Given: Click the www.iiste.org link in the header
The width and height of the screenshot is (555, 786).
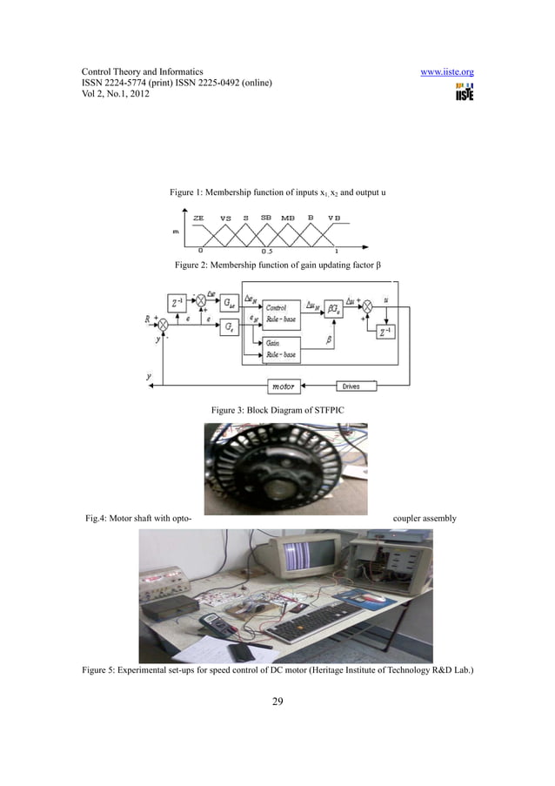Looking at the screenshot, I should point(446,71).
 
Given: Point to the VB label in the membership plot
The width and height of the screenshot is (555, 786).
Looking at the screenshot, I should point(334,218).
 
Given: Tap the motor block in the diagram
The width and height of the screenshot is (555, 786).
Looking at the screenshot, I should point(283,386).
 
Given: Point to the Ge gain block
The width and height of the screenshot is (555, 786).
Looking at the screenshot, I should point(228,327).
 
